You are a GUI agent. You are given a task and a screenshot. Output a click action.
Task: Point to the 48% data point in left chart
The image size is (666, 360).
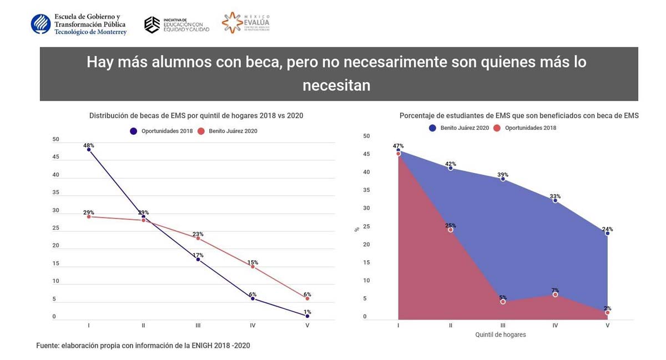tap(89, 150)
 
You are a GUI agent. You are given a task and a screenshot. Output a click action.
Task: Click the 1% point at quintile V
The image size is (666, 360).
tap(307, 316)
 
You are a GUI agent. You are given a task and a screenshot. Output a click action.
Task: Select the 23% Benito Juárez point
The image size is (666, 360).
tap(198, 238)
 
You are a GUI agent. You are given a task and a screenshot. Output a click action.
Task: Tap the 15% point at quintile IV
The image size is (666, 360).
tap(253, 267)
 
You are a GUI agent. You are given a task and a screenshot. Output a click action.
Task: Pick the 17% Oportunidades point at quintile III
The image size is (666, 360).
tap(198, 259)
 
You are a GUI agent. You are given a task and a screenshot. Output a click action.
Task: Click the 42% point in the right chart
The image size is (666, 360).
tap(451, 168)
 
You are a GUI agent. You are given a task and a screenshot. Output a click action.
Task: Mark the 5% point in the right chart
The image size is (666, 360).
tap(503, 302)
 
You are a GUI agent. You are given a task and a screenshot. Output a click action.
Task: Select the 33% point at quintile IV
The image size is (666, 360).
tap(555, 200)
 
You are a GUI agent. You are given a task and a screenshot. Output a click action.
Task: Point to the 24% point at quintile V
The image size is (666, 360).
tap(608, 233)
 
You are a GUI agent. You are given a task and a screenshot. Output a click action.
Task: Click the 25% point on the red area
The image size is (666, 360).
tap(451, 230)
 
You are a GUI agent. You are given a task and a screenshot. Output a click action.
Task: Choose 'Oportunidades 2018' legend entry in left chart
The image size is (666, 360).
tap(163, 131)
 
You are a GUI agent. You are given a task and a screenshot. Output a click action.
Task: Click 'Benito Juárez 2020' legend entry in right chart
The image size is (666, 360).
tap(459, 128)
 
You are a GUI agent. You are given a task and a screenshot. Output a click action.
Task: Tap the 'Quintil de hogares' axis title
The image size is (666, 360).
tap(501, 335)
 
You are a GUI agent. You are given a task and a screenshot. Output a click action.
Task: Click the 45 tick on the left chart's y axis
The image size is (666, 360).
tap(55, 157)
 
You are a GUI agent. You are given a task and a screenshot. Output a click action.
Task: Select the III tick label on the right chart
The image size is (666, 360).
tap(503, 326)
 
